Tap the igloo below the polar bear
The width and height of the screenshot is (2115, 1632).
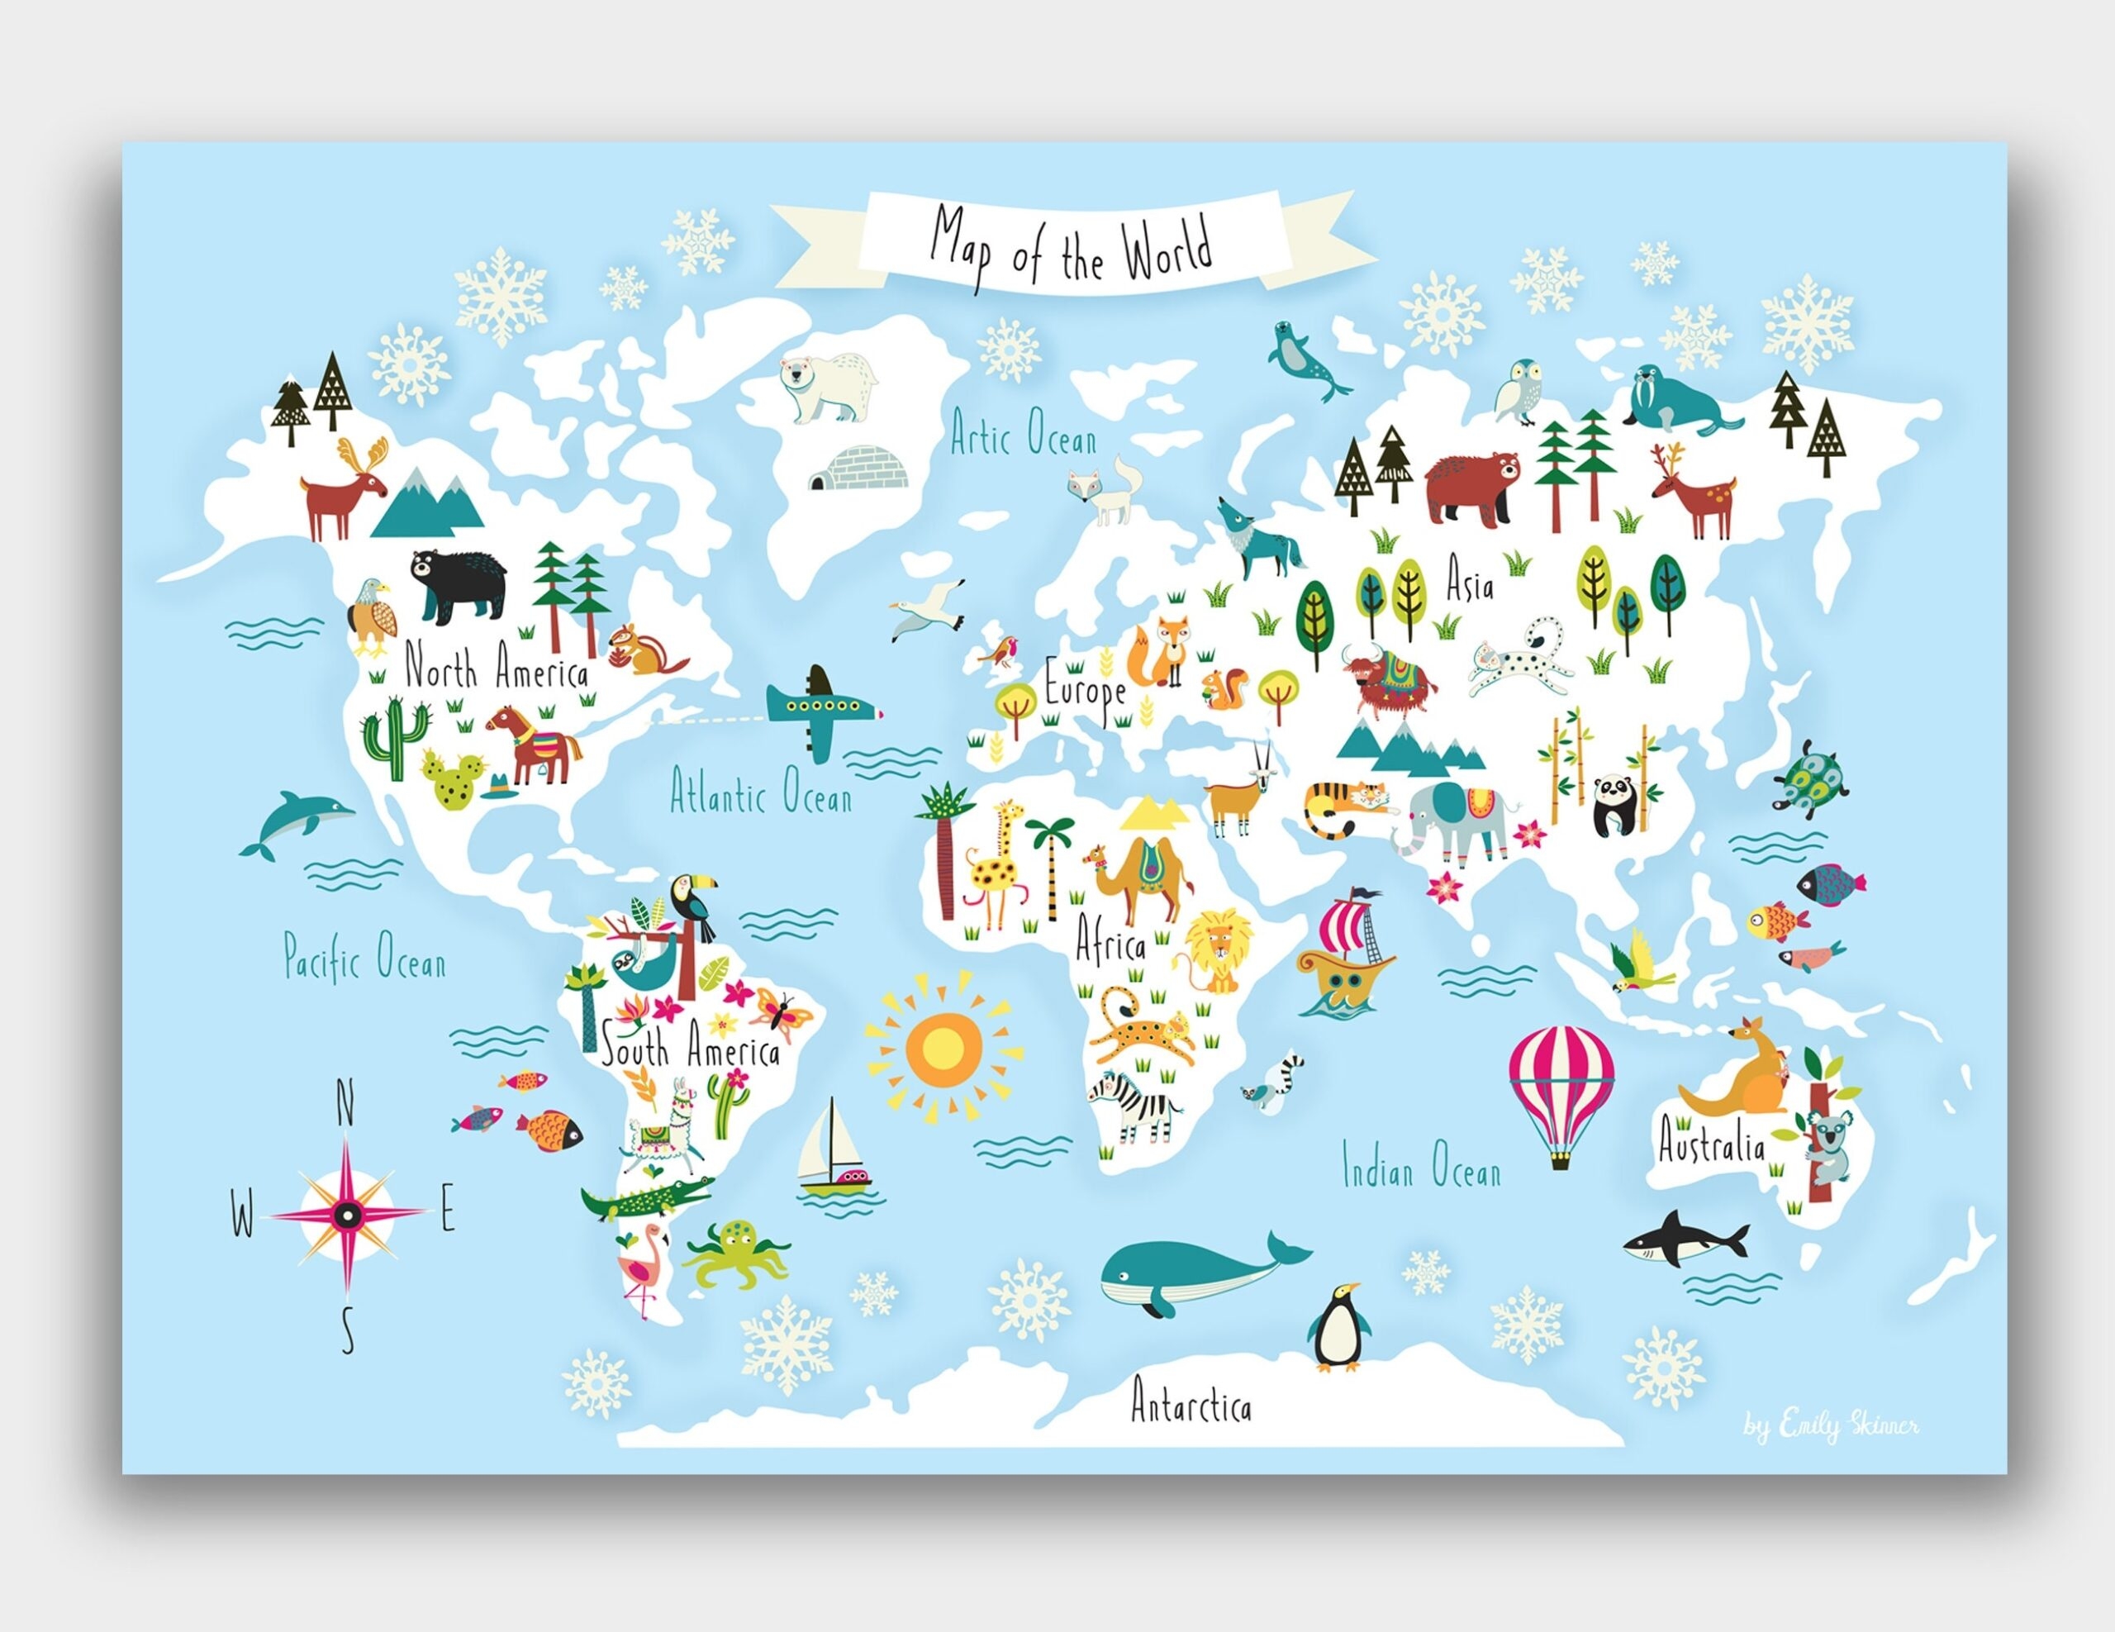(859, 469)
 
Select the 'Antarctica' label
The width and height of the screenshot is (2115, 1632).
(1191, 1405)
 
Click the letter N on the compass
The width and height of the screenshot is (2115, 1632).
(344, 1103)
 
